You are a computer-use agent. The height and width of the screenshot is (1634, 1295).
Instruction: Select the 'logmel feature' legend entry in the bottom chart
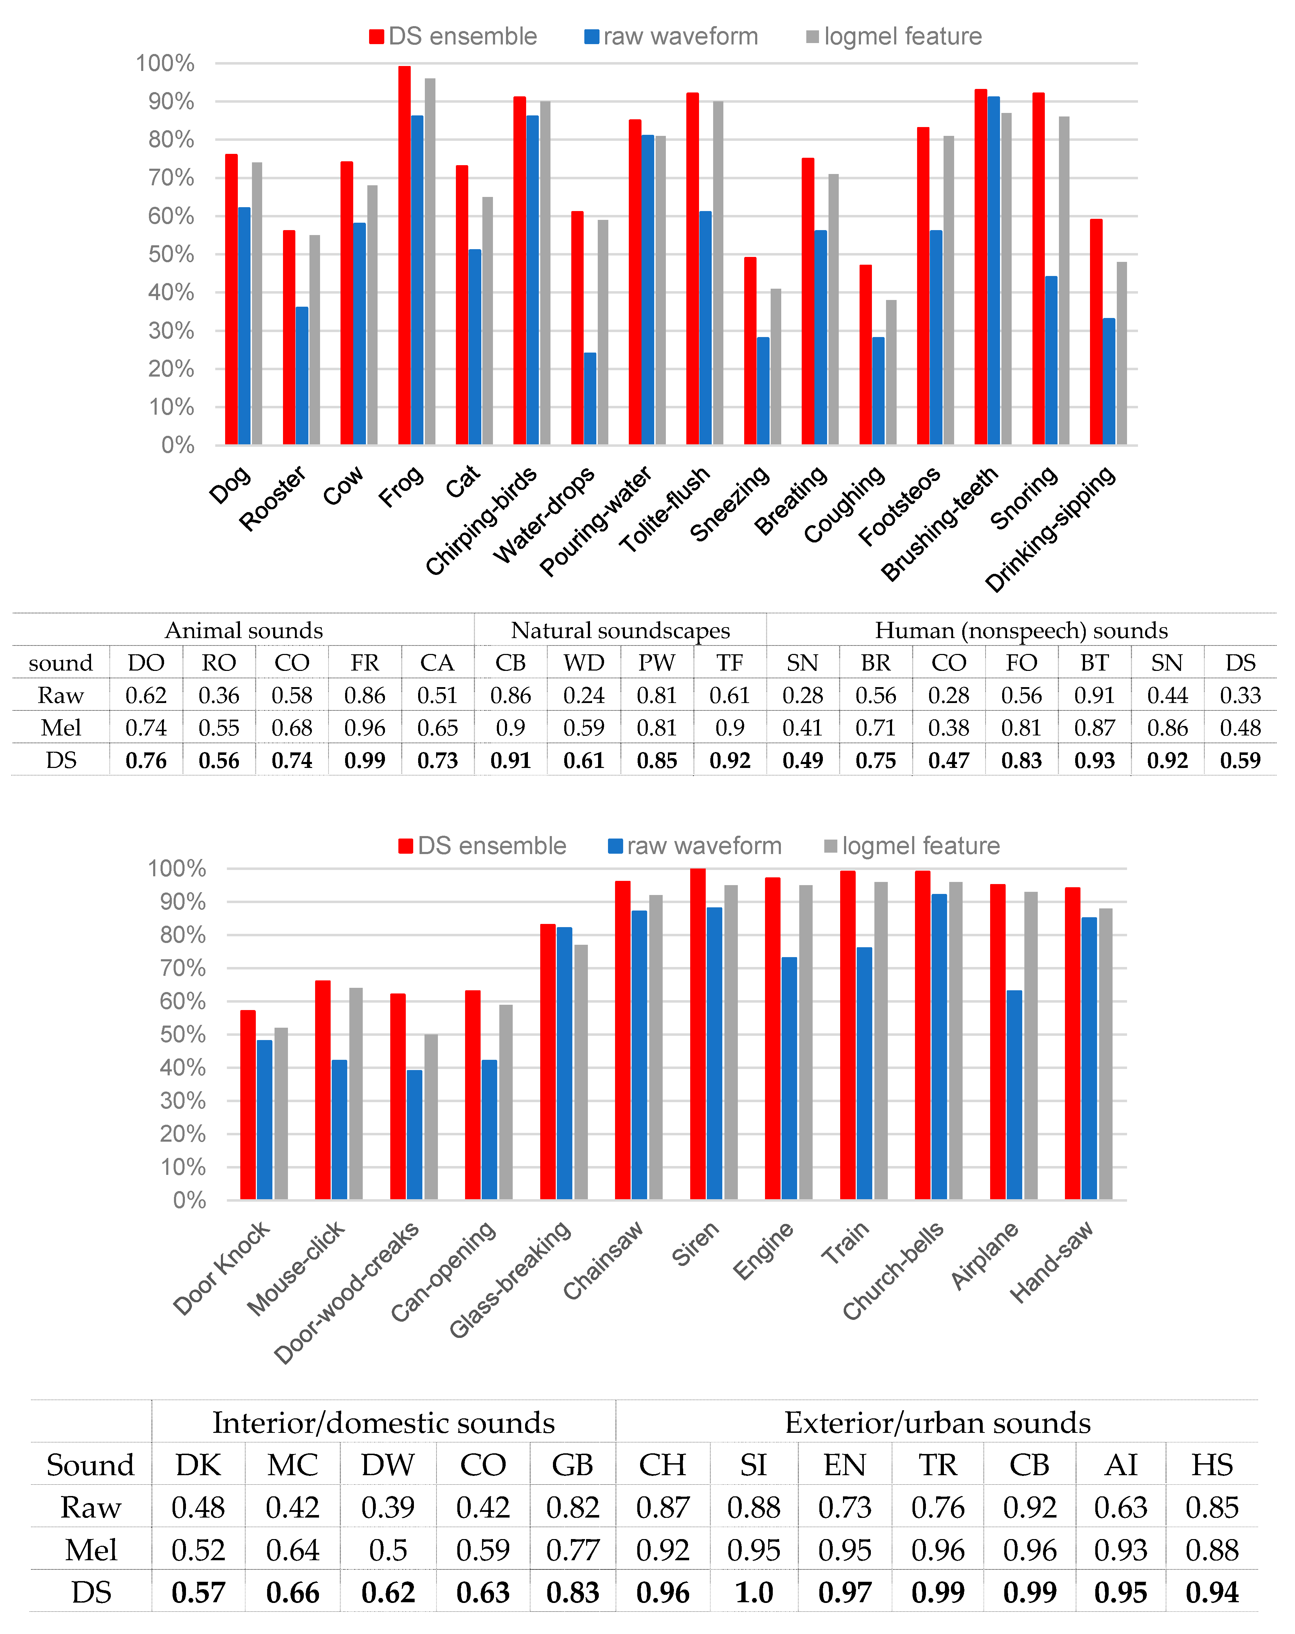(x=912, y=846)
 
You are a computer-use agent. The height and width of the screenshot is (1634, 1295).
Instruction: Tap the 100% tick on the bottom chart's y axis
(x=176, y=869)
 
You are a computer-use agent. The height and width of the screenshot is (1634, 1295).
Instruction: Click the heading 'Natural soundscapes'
(x=620, y=631)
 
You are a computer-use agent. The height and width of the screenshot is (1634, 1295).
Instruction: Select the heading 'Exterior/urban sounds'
(x=937, y=1423)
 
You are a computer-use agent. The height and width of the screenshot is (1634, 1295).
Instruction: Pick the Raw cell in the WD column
(x=584, y=695)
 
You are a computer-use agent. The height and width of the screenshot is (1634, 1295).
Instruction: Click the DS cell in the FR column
(x=365, y=760)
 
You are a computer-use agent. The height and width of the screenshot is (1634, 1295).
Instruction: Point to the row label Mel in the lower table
(x=91, y=1550)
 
